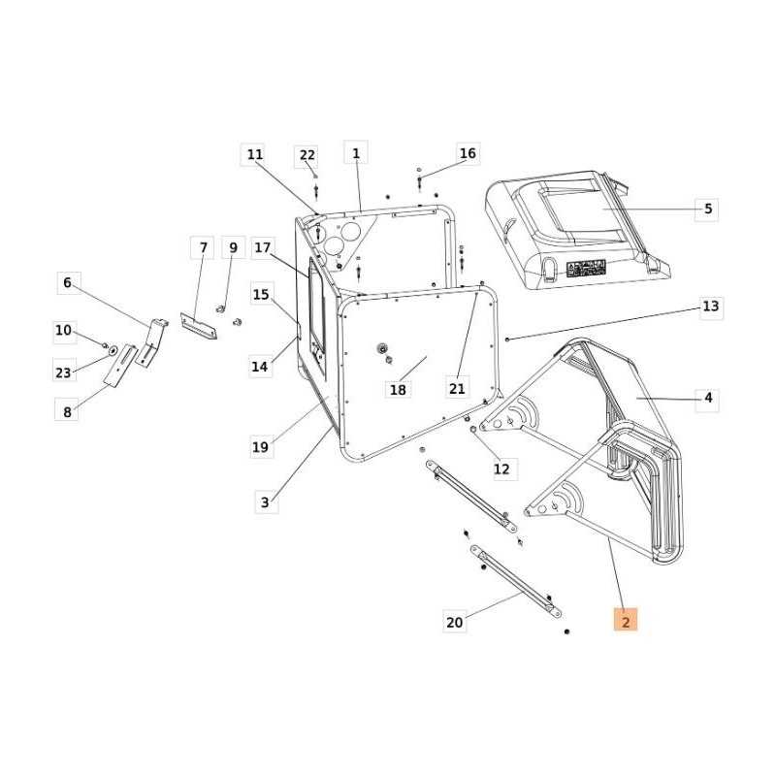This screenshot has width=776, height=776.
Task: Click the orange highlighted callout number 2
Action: (x=625, y=620)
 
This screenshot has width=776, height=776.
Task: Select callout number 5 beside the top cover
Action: (x=708, y=209)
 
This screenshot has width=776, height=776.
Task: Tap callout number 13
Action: (x=710, y=307)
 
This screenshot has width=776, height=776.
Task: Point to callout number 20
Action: (x=454, y=622)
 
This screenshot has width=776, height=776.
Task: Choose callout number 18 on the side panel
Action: (x=398, y=390)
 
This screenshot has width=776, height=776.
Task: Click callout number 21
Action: (x=457, y=389)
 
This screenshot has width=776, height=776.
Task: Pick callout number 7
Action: (x=203, y=247)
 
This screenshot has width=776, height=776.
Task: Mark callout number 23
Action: (x=63, y=372)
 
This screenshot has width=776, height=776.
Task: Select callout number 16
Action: (x=468, y=153)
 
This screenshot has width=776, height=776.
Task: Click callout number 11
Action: (x=255, y=154)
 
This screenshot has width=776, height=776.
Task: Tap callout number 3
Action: (x=265, y=501)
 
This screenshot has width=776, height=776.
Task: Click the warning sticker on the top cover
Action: (x=586, y=269)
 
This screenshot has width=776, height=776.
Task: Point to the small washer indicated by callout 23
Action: (x=113, y=350)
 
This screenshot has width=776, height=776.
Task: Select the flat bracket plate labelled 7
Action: (x=198, y=326)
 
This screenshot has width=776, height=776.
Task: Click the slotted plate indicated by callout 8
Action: (x=121, y=366)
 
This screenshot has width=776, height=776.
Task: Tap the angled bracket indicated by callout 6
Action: (x=151, y=343)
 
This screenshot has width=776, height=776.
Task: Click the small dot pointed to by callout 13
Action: (x=507, y=339)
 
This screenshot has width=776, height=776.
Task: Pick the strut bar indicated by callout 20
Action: (x=516, y=581)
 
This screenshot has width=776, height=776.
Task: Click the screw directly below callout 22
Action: (x=316, y=190)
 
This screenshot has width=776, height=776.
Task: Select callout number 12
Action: (x=501, y=469)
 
